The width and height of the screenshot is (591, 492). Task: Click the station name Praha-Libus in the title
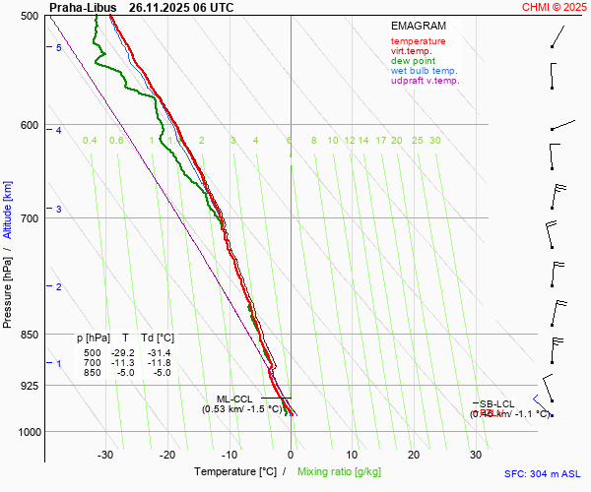coord(83,7)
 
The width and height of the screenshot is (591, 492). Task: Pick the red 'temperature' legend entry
coord(418,41)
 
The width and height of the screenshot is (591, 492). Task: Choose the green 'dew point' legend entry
coord(415,61)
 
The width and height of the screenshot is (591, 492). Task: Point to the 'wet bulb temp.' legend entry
coord(424,71)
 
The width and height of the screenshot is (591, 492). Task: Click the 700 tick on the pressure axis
coord(30,217)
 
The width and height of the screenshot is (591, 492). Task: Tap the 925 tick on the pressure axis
coord(30,386)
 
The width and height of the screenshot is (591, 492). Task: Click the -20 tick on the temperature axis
coord(167,455)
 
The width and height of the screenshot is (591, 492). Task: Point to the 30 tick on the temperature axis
coord(476,455)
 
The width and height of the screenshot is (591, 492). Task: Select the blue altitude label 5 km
coord(59,48)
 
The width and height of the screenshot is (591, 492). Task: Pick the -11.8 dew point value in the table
coord(158,363)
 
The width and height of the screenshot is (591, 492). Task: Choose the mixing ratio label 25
coord(418,141)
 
